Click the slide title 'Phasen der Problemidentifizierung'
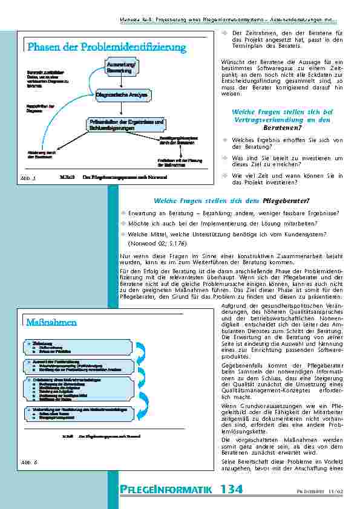106,47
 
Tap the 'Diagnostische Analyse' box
123,95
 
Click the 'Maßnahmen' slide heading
51,322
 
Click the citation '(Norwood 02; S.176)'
149,243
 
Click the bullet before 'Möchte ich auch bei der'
123,222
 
